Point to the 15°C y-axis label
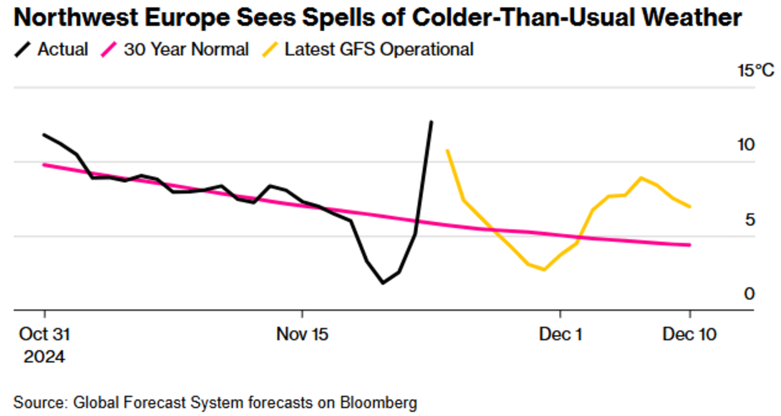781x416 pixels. coord(755,70)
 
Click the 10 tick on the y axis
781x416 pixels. coord(746,145)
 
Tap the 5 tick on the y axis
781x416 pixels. coord(749,220)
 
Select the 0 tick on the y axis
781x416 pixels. coord(749,294)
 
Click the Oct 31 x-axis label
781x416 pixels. coord(44,334)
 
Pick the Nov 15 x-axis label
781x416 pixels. coord(302,334)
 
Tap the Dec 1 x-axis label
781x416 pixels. coord(560,334)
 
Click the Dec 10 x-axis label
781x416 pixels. coord(689,334)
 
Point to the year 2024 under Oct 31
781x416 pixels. coord(44,356)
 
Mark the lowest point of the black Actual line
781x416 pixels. coord(383,283)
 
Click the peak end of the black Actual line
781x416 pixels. coord(431,122)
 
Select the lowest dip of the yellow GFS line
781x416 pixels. coord(544,269)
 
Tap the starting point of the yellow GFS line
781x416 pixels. coord(447,150)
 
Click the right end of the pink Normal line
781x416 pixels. coord(690,245)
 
